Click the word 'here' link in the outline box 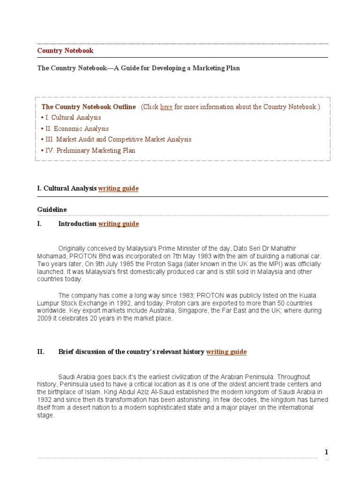pyautogui.click(x=166, y=107)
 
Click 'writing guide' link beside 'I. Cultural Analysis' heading pyautogui.click(x=118, y=188)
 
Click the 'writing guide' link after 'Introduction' pyautogui.click(x=119, y=224)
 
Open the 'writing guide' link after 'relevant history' pyautogui.click(x=226, y=352)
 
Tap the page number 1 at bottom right pyautogui.click(x=326, y=452)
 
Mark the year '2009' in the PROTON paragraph pyautogui.click(x=45, y=319)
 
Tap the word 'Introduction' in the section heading pyautogui.click(x=77, y=224)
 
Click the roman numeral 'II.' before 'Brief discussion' pyautogui.click(x=41, y=352)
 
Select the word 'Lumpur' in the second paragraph pyautogui.click(x=48, y=303)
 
